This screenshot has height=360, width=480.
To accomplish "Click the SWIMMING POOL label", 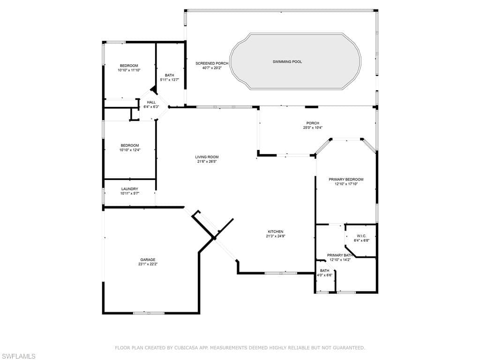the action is [x=287, y=62].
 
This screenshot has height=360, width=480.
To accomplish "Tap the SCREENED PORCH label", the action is [x=212, y=63].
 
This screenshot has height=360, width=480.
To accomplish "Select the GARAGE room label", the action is [x=148, y=260].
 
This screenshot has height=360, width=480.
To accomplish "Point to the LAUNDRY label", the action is [x=129, y=189].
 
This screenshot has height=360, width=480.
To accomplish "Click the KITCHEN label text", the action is [x=276, y=232].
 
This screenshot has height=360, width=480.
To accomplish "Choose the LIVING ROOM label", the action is [x=207, y=157].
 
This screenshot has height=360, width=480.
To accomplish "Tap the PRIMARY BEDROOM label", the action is [x=346, y=180].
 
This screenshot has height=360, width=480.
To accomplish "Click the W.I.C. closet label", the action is [x=361, y=236].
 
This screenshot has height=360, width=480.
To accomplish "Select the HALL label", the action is [x=151, y=102].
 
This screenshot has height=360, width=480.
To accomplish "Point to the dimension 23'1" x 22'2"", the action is [x=148, y=264].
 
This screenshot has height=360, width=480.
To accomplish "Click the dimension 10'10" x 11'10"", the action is [x=129, y=70].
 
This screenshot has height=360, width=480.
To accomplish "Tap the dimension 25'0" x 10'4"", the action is [x=313, y=127].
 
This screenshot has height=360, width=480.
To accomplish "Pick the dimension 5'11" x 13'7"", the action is [x=169, y=80].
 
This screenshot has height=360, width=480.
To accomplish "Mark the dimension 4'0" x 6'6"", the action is [x=324, y=275].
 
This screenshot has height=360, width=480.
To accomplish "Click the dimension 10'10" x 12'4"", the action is [x=130, y=150].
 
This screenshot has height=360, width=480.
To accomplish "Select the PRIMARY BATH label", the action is [x=340, y=255].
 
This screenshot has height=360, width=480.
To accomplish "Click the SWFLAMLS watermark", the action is [x=18, y=356].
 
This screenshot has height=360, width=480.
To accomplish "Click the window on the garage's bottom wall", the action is [x=149, y=313].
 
